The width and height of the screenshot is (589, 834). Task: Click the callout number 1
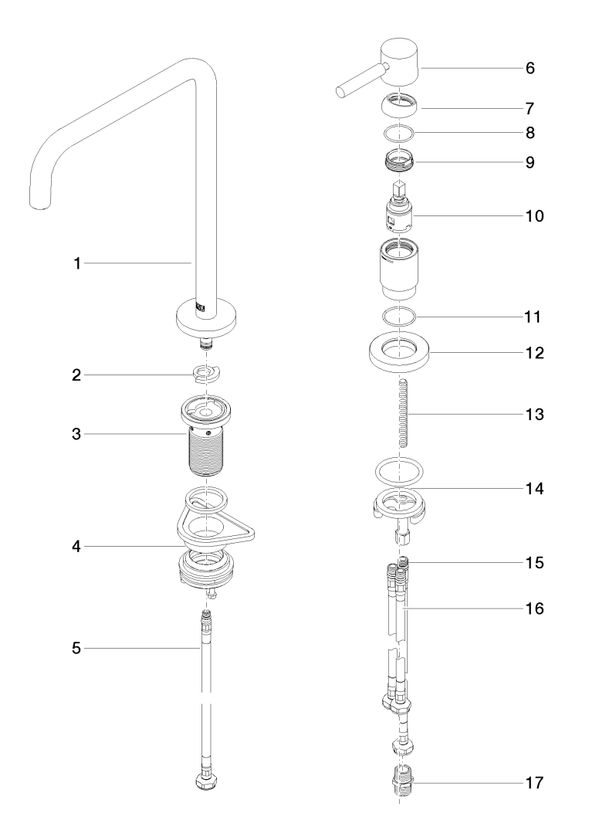tap(76, 264)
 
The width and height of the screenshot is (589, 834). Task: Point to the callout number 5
tap(76, 649)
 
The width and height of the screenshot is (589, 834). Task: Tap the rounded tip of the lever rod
tap(341, 93)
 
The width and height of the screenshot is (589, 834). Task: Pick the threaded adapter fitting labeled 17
tap(401, 782)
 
